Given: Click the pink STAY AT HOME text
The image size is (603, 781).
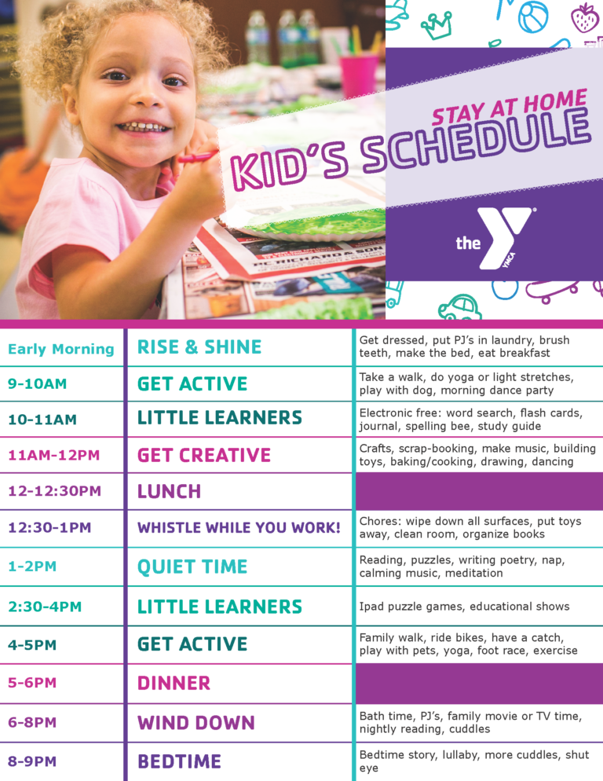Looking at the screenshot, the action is click(x=509, y=106).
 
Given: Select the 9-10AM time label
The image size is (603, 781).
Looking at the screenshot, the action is click(x=38, y=384).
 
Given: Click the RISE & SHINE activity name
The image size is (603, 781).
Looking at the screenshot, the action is click(x=199, y=347).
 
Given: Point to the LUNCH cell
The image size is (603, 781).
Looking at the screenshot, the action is click(x=170, y=492).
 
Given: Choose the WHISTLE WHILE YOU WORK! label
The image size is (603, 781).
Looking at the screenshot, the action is click(x=239, y=527).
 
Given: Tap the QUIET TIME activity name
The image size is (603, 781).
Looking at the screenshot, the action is click(x=192, y=566).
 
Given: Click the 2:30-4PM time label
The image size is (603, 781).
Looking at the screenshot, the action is click(x=45, y=607).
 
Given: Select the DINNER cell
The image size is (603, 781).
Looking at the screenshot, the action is click(x=174, y=684).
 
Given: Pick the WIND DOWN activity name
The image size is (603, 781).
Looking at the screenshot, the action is click(x=196, y=723).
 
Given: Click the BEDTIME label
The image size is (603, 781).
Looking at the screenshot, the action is click(x=179, y=761).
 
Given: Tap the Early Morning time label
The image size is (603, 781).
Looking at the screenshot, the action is click(x=60, y=349).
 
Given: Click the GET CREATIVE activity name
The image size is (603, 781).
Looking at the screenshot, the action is click(x=204, y=455).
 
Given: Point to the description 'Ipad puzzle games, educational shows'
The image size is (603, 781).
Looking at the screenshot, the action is click(x=464, y=607).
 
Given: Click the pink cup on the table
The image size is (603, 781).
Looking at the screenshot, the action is click(x=359, y=75).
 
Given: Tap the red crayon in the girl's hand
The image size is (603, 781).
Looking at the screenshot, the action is click(x=198, y=157).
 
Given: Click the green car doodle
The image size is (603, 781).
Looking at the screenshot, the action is click(x=459, y=306).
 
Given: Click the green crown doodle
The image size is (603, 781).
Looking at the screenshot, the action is click(x=437, y=25).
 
